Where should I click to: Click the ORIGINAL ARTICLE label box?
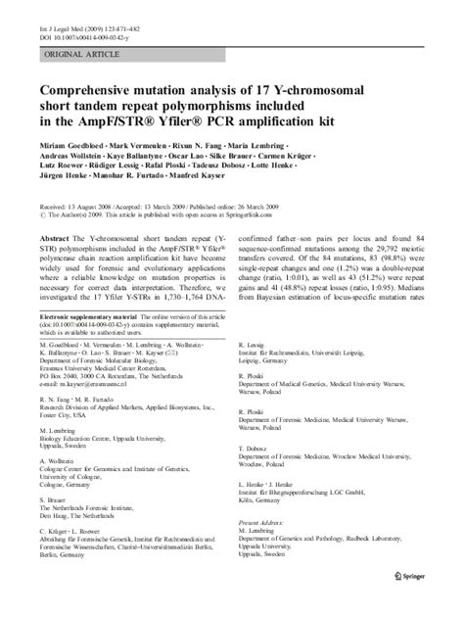pyautogui.click(x=80, y=57)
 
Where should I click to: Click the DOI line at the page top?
pyautogui.click(x=81, y=23)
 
